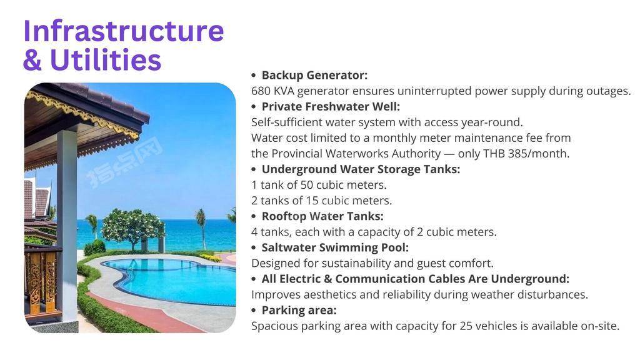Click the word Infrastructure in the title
124,31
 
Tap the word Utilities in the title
106,59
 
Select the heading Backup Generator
314,75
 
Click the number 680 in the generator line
261,91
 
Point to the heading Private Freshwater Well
331,106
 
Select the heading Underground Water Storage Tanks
361,169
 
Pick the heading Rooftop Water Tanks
322,216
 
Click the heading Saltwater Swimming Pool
335,247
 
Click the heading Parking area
299,311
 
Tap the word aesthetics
330,295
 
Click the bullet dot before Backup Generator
254,76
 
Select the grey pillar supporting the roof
67,224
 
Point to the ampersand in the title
32,60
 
